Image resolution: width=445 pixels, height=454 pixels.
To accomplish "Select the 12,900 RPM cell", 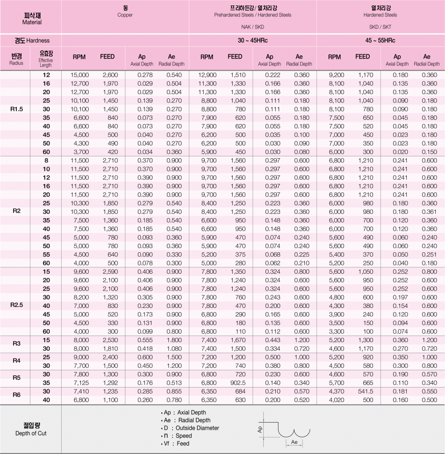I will pos(208,75).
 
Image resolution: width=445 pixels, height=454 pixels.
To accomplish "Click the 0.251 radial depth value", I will pos(429,255).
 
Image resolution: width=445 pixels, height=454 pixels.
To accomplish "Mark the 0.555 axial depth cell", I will pos(146,340).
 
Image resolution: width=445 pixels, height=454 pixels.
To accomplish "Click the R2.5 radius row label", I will pos(16,305).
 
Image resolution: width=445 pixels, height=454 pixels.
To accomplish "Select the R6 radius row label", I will pos(16,395).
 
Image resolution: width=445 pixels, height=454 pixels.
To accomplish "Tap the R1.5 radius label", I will pos(16,109).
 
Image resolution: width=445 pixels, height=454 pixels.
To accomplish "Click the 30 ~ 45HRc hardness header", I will pos(252,41).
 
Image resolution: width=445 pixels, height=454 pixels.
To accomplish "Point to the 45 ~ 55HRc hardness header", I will pos(380,41).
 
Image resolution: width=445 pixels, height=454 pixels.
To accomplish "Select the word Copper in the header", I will pos(125,15).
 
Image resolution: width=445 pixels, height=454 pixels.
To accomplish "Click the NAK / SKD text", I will pos(252,27).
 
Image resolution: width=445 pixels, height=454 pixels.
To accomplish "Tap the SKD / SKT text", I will pos(380,27).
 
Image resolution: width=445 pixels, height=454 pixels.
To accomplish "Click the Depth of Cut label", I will pos(31,433).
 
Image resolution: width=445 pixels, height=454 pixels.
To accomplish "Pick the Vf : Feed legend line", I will pos(176,443).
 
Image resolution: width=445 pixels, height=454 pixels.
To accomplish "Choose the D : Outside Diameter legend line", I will pos(191,428).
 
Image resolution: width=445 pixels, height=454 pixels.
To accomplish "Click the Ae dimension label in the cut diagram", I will pos(294,441).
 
